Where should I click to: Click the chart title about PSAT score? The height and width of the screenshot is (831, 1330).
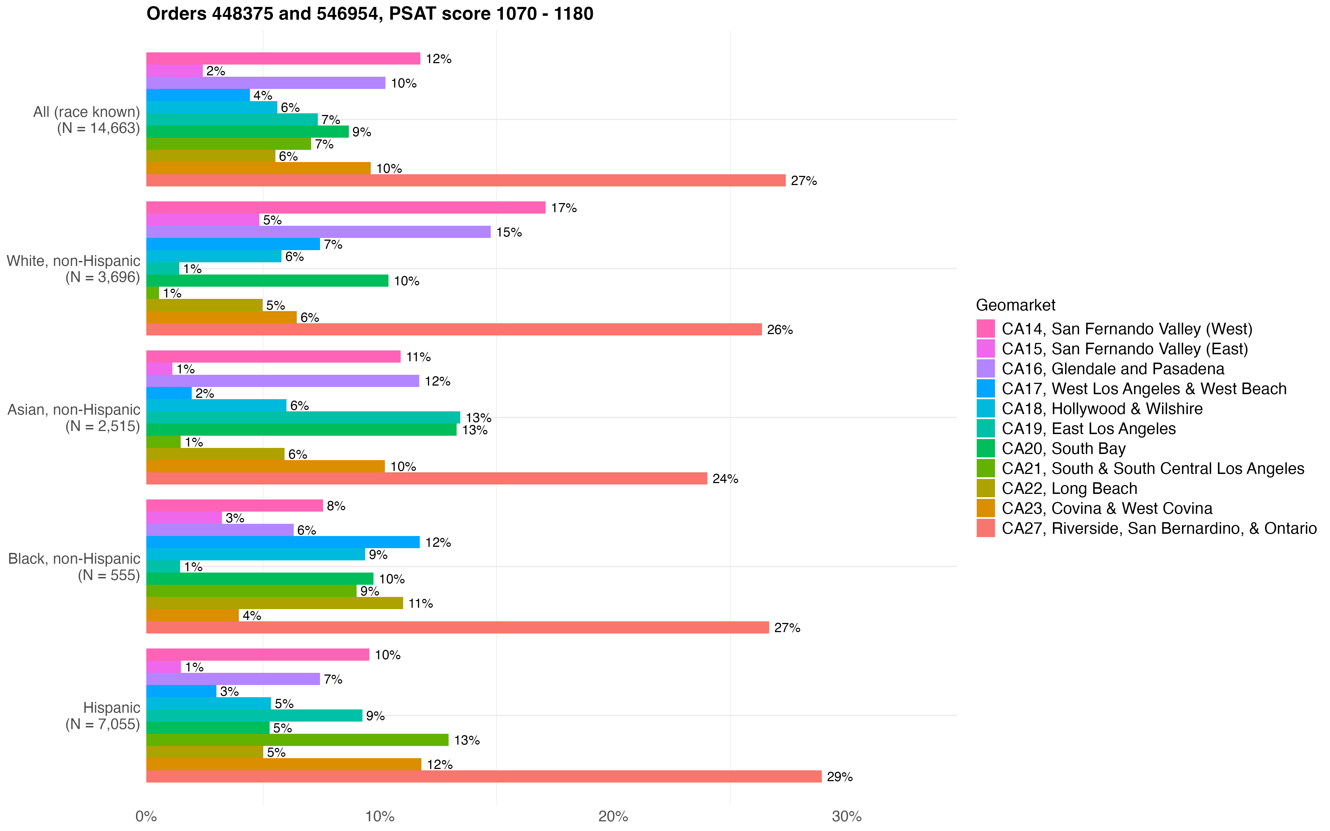[x=369, y=14]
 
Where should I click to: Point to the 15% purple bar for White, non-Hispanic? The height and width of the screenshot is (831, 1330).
[x=318, y=232]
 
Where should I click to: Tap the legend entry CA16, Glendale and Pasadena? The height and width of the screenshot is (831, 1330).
[x=1112, y=369]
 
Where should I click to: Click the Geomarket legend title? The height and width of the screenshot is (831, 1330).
[x=1015, y=305]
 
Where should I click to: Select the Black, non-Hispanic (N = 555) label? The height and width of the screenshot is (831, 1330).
[x=74, y=567]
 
